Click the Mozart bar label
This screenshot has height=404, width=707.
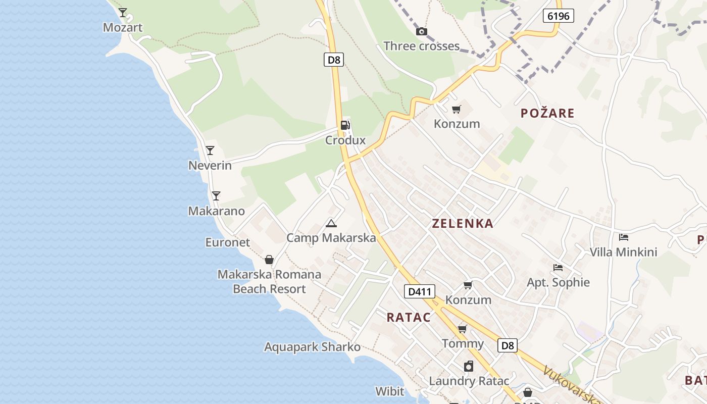123,27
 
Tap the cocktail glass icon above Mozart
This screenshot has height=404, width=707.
123,12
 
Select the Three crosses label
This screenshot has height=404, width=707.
421,46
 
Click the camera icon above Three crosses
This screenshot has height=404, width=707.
421,31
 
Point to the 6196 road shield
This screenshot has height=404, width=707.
558,16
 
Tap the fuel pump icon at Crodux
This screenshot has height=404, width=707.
345,125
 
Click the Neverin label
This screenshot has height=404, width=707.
210,165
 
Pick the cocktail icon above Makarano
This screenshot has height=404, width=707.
216,196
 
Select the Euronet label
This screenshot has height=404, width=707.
227,242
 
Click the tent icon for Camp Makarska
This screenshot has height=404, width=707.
331,223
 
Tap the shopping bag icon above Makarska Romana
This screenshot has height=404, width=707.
269,260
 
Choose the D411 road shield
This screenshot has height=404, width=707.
419,291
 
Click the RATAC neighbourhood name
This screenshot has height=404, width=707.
409,318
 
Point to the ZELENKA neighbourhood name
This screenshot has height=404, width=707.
462,223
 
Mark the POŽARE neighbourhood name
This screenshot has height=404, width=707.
547,113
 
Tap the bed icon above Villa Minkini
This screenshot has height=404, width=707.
624,237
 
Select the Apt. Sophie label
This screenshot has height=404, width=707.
558,282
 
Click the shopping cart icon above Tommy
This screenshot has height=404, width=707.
462,329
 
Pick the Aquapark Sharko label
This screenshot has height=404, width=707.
312,347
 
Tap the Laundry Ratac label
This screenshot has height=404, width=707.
469,381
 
